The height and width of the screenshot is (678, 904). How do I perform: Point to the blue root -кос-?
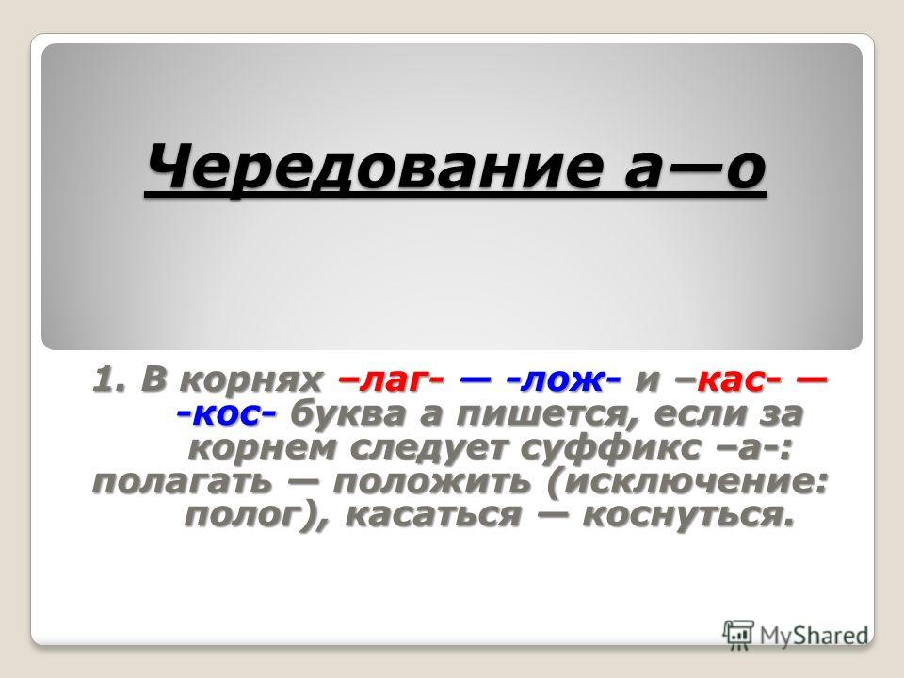[226, 414]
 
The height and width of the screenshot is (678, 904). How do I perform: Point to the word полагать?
[181, 482]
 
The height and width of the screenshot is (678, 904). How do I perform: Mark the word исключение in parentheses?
[687, 482]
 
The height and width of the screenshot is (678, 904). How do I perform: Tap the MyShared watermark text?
[814, 636]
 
